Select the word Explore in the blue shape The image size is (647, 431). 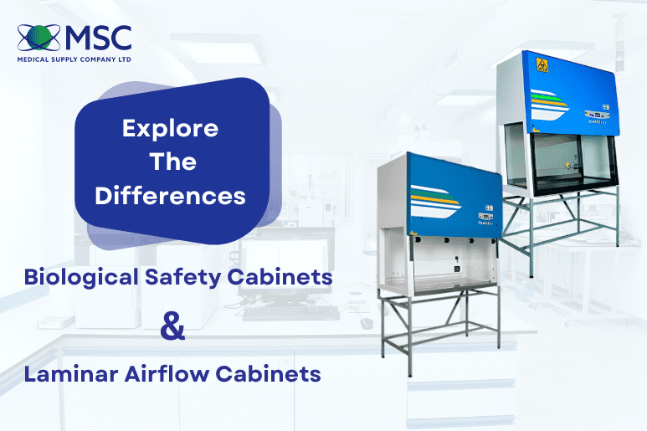point(170,129)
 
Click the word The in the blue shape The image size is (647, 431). point(170,162)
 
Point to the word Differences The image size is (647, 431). point(170,196)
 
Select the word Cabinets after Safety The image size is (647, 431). point(279,277)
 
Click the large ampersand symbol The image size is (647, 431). point(172,326)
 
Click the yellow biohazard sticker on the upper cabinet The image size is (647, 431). point(538,64)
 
